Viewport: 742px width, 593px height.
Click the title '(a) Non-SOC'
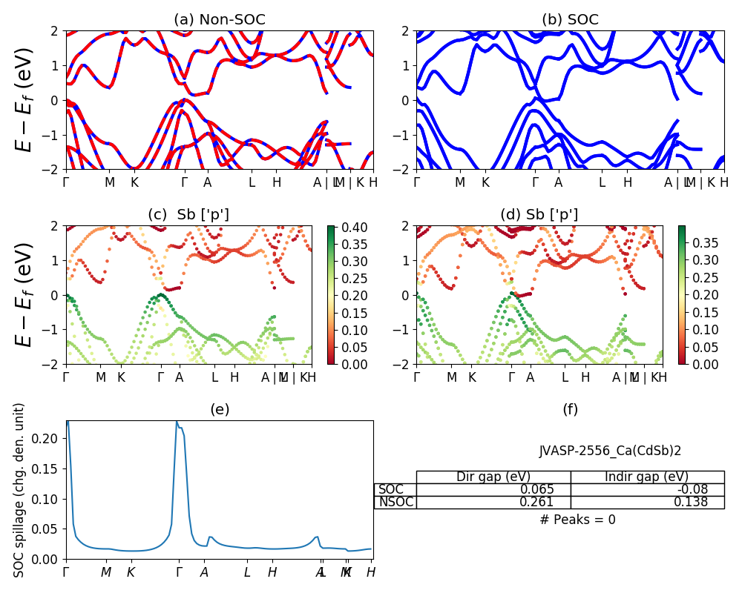219,20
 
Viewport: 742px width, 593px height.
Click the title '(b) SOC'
570,20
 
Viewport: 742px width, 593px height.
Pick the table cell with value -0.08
647,489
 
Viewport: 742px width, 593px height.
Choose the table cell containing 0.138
647,502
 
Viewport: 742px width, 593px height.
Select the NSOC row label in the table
395,502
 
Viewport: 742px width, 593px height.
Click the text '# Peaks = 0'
577,520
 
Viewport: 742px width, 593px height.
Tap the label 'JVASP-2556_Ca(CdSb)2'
610,450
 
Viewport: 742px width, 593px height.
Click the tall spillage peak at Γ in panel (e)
177,423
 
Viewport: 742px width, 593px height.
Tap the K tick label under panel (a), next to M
134,182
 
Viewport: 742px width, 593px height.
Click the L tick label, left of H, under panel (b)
602,182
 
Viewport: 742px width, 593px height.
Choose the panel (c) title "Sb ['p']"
188,215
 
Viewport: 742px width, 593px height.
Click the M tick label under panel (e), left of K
106,572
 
